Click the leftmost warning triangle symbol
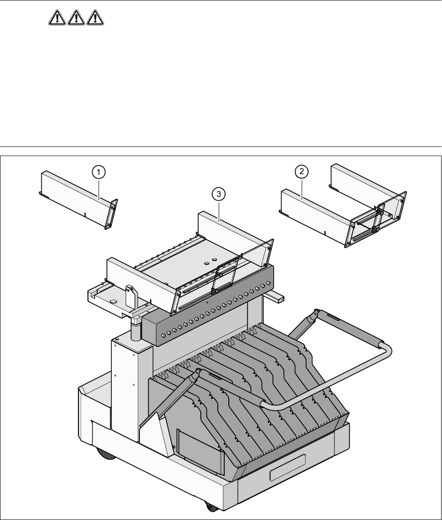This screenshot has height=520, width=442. [57, 18]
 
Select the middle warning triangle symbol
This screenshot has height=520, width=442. [76, 18]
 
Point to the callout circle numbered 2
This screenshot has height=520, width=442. [301, 172]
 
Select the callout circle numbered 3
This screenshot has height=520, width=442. [219, 194]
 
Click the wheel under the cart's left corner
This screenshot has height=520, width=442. [105, 454]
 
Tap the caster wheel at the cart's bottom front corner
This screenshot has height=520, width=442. [211, 507]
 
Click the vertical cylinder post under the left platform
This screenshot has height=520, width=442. [135, 330]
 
